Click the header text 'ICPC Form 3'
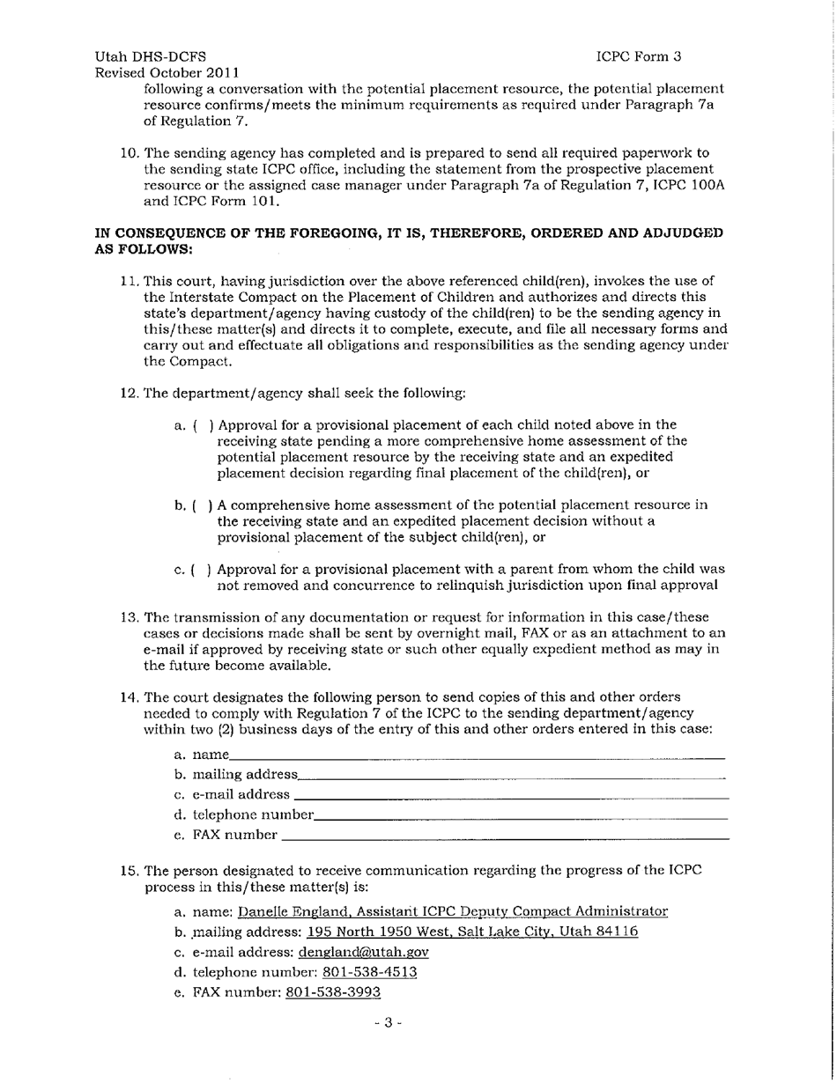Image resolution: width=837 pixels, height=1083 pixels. pyautogui.click(x=639, y=56)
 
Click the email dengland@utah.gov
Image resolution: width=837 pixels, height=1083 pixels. pyautogui.click(x=364, y=953)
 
